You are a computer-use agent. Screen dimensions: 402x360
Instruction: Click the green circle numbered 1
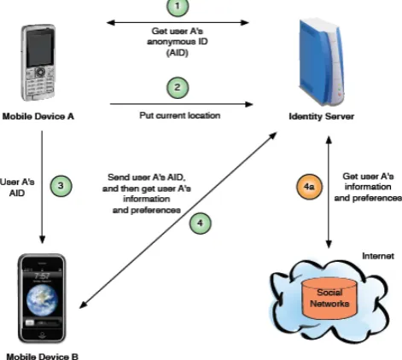tap(178, 6)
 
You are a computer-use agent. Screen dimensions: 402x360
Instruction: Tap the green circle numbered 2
tap(178, 87)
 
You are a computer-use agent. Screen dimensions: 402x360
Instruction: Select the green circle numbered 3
tap(61, 186)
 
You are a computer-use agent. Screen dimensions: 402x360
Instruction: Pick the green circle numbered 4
tap(201, 224)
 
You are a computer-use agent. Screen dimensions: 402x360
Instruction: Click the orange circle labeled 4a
tap(309, 187)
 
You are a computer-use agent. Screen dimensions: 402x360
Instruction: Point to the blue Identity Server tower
tap(321, 62)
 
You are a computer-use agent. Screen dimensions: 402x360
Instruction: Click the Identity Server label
tap(322, 116)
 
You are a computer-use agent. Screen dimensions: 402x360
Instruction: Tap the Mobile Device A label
tap(38, 116)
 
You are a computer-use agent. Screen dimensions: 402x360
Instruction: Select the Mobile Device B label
tap(42, 357)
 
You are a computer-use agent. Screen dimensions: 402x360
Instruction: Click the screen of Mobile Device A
tap(39, 47)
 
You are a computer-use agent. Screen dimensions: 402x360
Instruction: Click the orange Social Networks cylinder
tap(329, 299)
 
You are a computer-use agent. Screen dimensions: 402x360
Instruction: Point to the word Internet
tap(378, 256)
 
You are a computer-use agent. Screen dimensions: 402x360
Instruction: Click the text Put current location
tap(180, 115)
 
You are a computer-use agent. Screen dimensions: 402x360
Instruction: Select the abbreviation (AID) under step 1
tap(178, 53)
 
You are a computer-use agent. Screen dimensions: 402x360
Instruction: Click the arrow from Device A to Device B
tap(42, 187)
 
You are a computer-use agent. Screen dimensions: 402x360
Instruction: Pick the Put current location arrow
tap(182, 104)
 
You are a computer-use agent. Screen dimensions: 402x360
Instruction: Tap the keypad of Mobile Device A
tap(40, 83)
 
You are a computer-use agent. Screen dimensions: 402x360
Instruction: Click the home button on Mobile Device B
tap(42, 334)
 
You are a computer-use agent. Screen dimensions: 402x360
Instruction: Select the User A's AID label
tap(17, 188)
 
